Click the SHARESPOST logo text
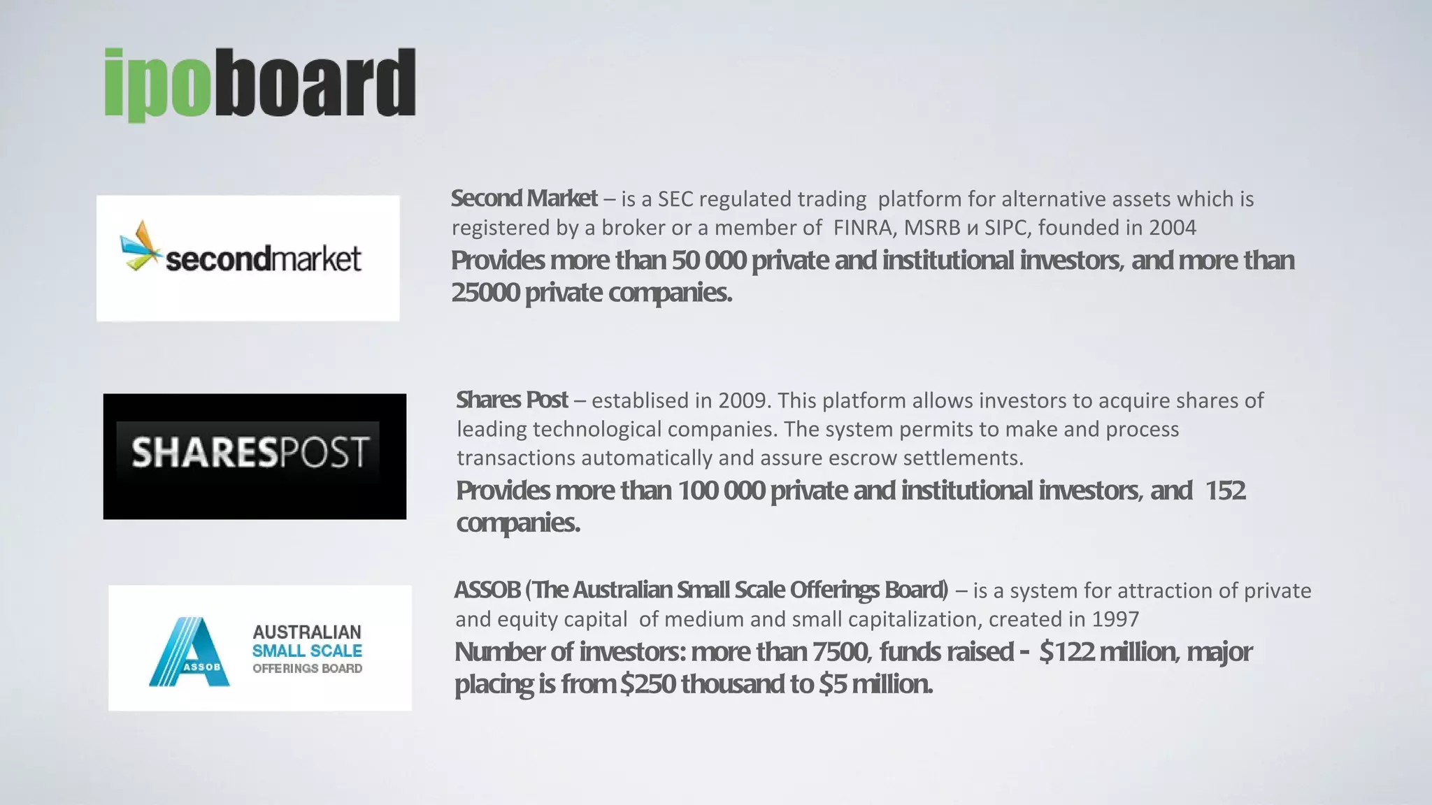click(x=250, y=452)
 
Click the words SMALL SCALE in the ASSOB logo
click(x=307, y=651)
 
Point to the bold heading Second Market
click(x=524, y=198)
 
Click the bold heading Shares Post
click(x=512, y=400)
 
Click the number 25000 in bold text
click(x=485, y=292)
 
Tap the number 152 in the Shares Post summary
click(x=1225, y=491)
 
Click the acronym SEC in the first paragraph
click(x=675, y=199)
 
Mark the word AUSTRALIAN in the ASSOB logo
click(x=307, y=632)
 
